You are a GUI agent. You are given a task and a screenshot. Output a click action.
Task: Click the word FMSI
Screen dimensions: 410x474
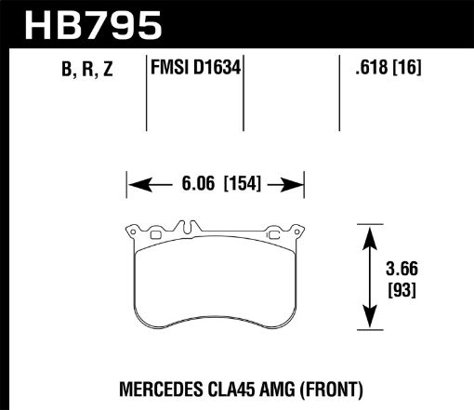click(169, 68)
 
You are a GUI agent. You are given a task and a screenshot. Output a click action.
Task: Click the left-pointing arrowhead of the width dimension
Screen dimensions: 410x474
click(133, 183)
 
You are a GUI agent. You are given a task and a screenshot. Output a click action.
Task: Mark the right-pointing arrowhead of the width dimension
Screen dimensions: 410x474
click(298, 183)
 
